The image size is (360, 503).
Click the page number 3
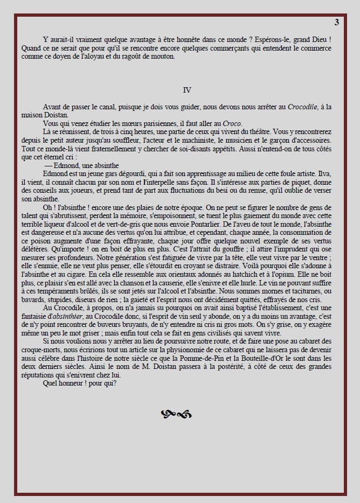[336, 22]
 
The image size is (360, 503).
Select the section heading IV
[187, 90]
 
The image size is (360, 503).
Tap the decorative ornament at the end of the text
[176, 414]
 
